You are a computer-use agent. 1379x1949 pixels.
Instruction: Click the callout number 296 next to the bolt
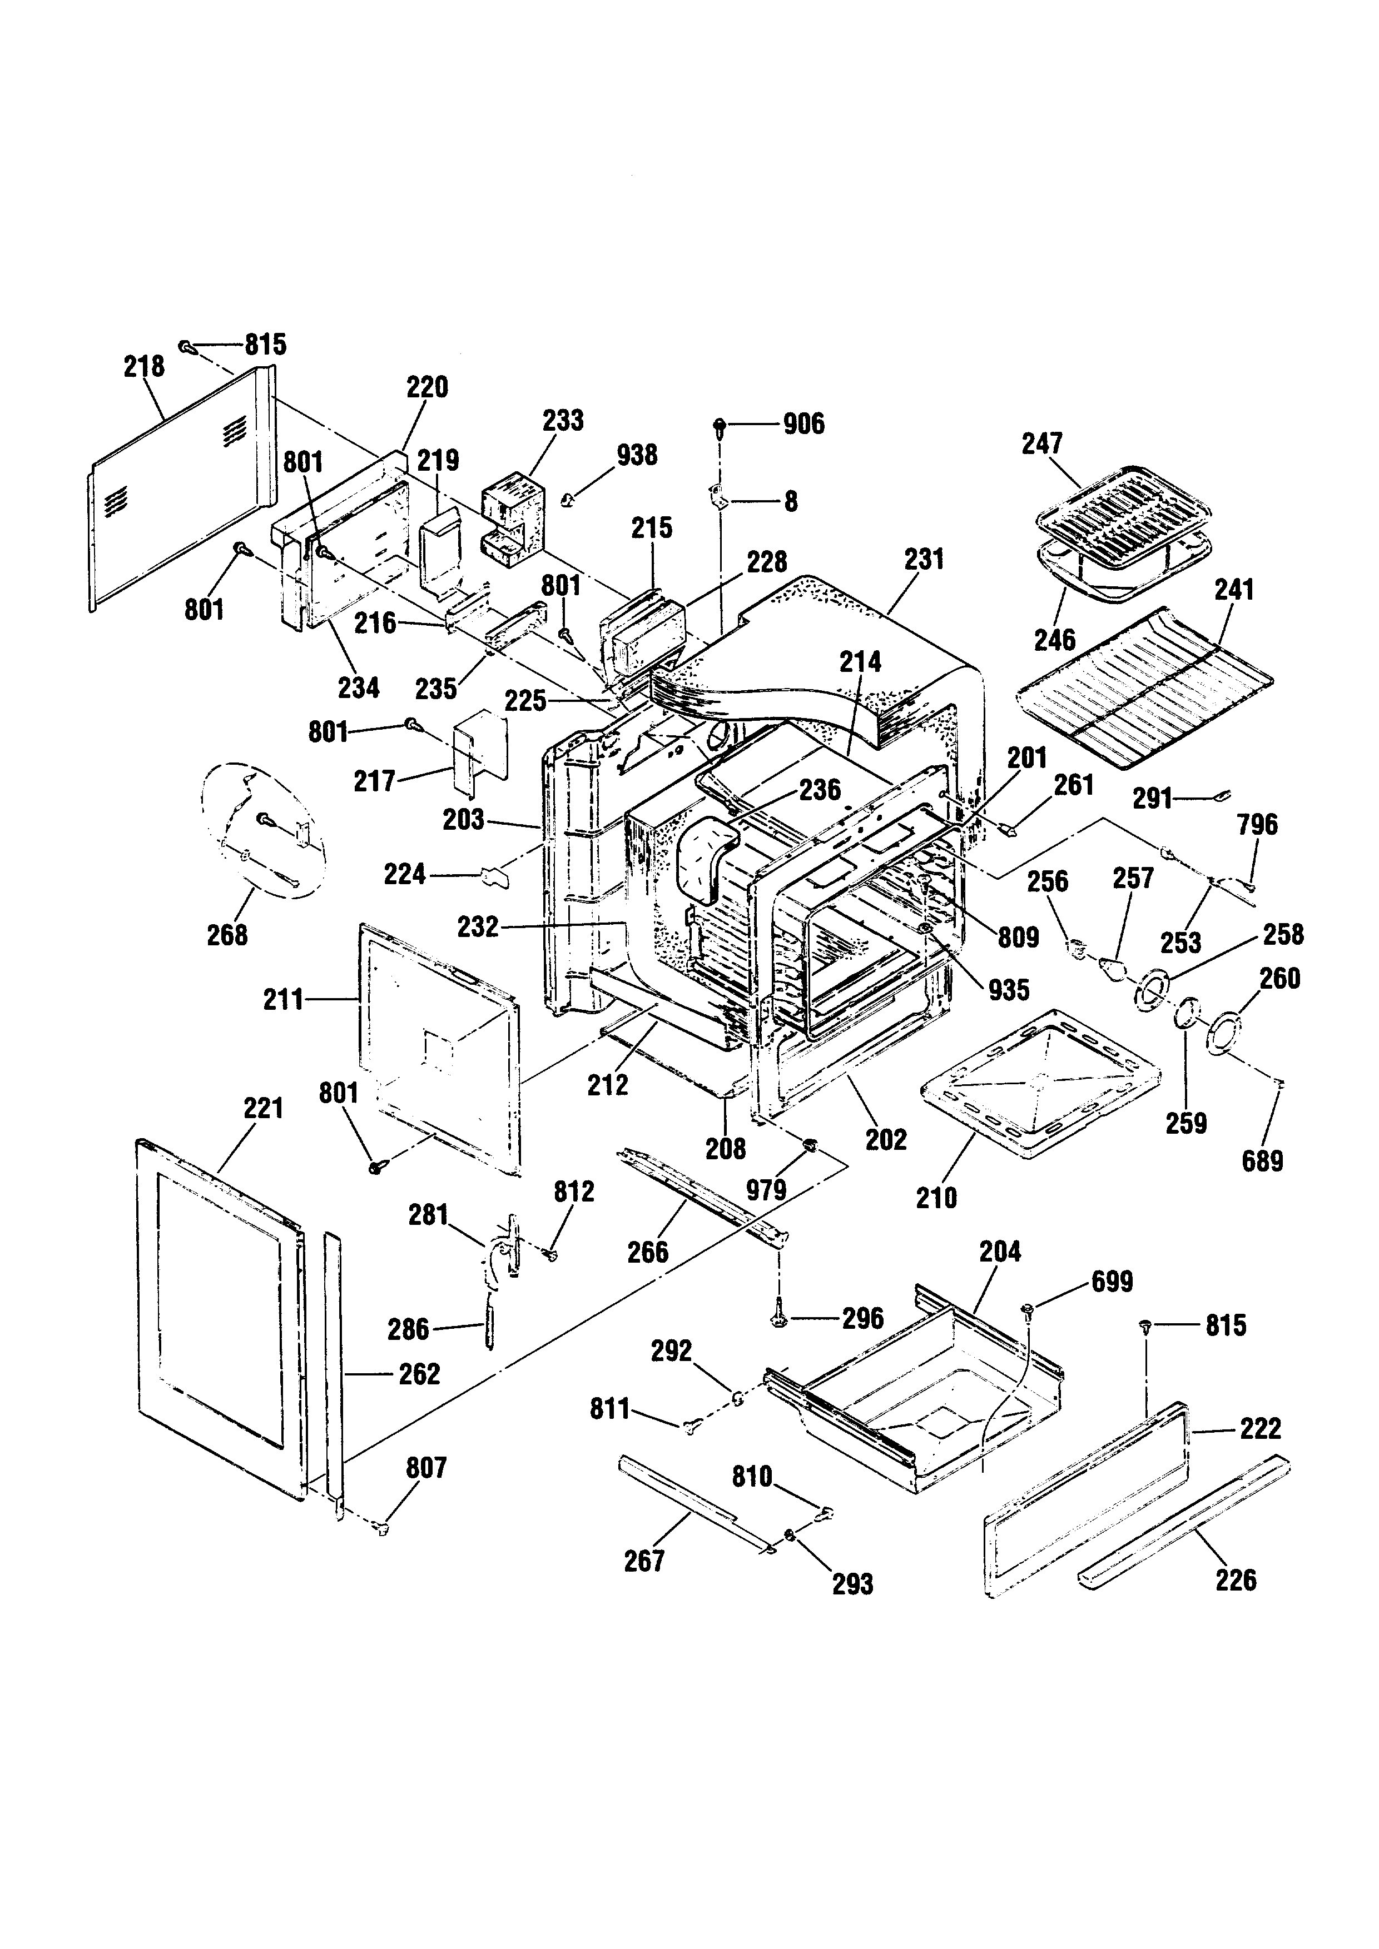pos(863,1318)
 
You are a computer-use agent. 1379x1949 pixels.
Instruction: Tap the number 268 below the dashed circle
pos(227,935)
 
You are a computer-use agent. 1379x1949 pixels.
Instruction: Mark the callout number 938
pos(637,455)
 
